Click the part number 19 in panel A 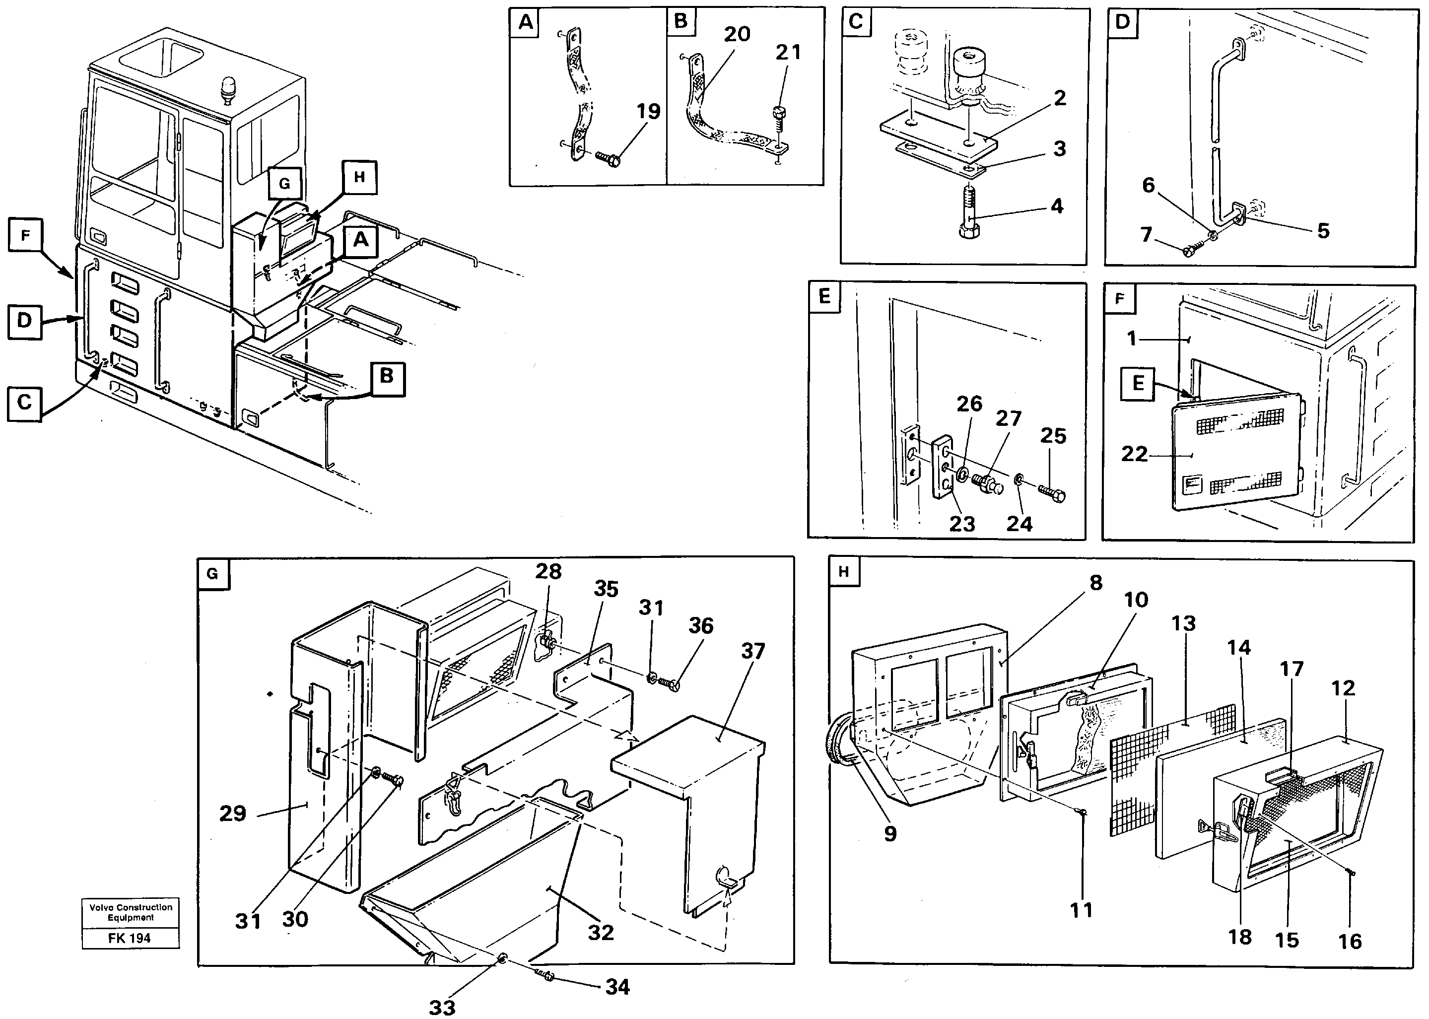click(648, 112)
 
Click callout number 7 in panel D click(1147, 235)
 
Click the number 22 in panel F click(1134, 454)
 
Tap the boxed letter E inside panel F click(1138, 383)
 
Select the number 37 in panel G click(753, 651)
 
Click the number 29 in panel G click(233, 814)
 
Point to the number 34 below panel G click(617, 987)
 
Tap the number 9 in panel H click(889, 833)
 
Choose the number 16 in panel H click(1350, 941)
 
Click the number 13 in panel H click(1183, 624)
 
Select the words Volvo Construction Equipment click(131, 912)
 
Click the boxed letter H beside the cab click(359, 178)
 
